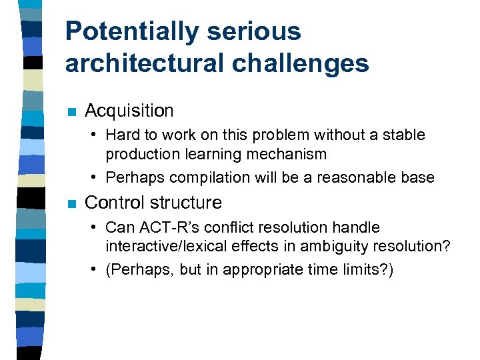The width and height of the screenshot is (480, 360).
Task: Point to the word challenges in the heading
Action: [x=305, y=63]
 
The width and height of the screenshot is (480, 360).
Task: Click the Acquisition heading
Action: [x=129, y=111]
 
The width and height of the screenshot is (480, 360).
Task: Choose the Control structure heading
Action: [x=153, y=202]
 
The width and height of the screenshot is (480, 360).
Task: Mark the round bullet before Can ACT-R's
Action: [x=96, y=228]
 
